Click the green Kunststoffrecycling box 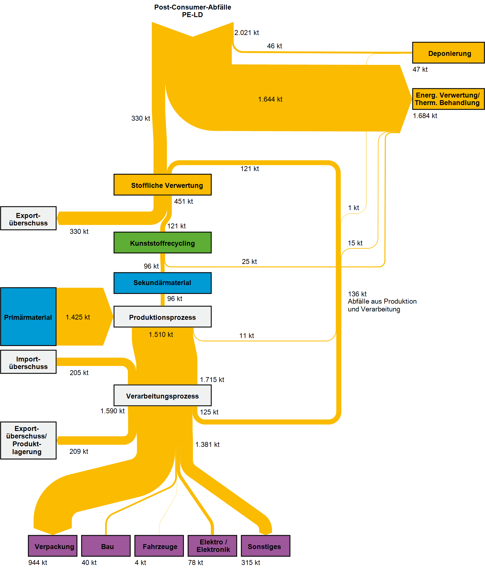[162, 243]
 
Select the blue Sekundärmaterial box [162, 283]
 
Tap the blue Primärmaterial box [28, 317]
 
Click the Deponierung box [448, 53]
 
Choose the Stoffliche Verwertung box [162, 185]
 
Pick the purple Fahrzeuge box [159, 546]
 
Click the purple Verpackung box [53, 546]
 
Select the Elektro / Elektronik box [212, 546]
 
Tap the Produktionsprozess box [162, 317]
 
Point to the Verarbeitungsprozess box [162, 395]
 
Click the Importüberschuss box [28, 362]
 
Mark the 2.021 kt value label [247, 33]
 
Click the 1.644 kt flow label [270, 99]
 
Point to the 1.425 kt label [78, 317]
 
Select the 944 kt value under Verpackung [38, 563]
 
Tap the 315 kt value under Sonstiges [251, 563]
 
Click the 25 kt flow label [249, 262]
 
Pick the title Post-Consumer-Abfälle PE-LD [192, 11]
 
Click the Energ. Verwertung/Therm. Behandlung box [448, 99]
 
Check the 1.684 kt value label [425, 116]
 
